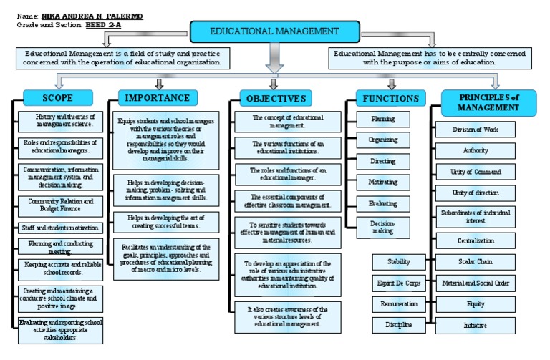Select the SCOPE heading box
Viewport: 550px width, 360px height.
point(58,97)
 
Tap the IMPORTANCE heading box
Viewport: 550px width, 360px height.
point(158,98)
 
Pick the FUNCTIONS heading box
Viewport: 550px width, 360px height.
point(390,98)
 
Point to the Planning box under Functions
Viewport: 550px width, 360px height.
point(382,119)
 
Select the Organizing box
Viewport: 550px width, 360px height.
point(382,140)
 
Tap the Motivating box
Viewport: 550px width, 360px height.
point(382,182)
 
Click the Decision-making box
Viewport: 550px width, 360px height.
point(382,228)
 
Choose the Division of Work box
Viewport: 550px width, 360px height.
point(475,130)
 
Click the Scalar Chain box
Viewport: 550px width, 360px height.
point(475,261)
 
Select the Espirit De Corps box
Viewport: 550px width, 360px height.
point(398,283)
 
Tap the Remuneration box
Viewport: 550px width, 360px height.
point(398,304)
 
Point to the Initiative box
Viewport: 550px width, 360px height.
point(475,325)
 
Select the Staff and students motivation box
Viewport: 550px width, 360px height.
point(60,228)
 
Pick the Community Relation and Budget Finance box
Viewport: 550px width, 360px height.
point(60,205)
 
